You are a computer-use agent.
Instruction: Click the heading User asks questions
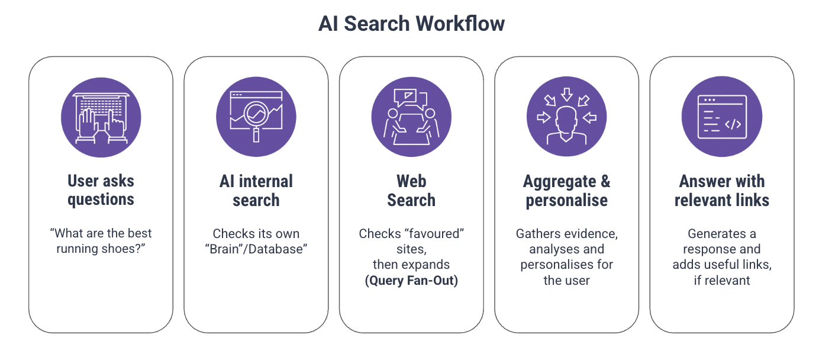pos(101,190)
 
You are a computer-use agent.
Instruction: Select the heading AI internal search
pos(256,190)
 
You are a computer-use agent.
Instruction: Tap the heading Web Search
pos(411,190)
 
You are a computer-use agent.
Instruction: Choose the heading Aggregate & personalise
pos(566,190)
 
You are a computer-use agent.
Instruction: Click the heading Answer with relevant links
pos(721,190)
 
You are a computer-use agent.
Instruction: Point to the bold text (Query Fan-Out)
pos(411,280)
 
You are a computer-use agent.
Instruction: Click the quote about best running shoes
pos(101,241)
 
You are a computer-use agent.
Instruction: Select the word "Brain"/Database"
pos(256,249)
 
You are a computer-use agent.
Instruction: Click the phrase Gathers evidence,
pos(566,233)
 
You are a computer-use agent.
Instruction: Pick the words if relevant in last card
pos(721,280)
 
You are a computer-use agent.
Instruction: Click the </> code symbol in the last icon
pos(733,124)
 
